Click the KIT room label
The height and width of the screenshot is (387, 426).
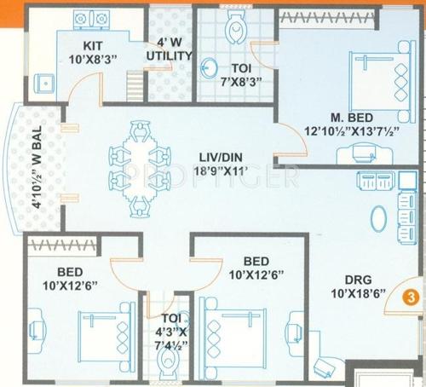click(93, 44)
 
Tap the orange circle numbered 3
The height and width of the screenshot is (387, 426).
click(410, 297)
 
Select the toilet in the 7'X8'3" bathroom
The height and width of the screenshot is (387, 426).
click(233, 29)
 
